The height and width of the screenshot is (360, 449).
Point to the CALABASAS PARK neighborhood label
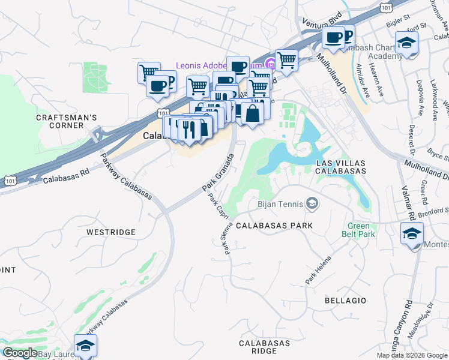(x=274, y=226)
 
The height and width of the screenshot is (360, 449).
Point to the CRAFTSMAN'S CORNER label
(x=67, y=121)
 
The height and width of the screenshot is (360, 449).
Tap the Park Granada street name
(x=218, y=172)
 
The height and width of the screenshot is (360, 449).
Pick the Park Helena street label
(x=318, y=271)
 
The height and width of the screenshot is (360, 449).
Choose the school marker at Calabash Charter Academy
(x=406, y=43)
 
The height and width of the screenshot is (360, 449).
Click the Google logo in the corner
(x=20, y=353)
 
